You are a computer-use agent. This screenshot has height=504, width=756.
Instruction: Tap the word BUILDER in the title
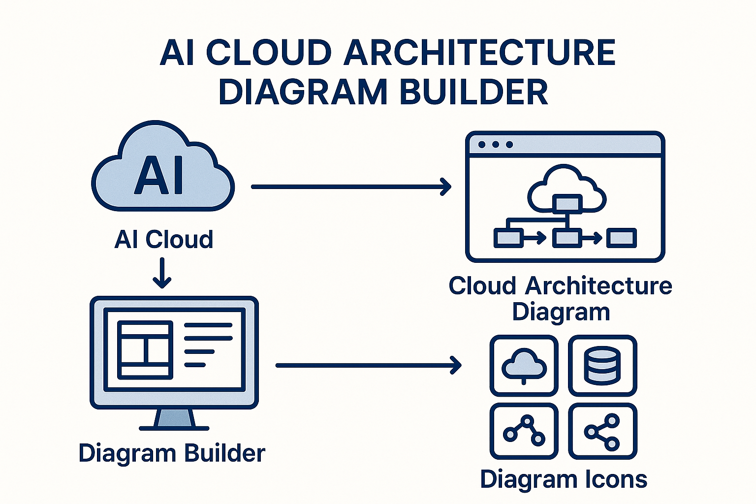(473, 92)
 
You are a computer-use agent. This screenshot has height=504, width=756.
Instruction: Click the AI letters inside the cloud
(159, 176)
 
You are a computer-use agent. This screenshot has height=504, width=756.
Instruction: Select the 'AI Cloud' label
(163, 240)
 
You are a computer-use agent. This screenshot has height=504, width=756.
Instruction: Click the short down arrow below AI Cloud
(162, 274)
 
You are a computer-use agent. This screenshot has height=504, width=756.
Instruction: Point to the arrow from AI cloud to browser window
(350, 187)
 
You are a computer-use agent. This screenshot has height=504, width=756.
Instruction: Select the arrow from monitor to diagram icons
(368, 365)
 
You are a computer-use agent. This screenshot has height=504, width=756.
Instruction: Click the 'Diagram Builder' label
(172, 453)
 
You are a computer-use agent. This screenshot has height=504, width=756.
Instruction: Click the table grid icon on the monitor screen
(145, 349)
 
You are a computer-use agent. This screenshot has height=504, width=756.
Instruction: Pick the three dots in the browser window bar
(496, 145)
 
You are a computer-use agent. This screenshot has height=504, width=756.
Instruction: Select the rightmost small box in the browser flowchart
(622, 238)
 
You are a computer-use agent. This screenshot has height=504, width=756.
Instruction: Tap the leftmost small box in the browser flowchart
(507, 238)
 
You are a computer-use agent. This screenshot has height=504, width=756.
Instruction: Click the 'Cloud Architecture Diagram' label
(561, 299)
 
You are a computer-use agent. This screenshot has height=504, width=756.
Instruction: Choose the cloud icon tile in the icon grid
(524, 366)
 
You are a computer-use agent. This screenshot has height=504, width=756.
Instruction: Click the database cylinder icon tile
(602, 366)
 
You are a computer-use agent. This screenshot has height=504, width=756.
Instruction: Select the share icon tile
(602, 432)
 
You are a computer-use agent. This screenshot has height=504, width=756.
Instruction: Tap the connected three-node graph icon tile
(524, 432)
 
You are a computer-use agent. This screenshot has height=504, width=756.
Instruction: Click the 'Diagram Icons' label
(564, 479)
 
